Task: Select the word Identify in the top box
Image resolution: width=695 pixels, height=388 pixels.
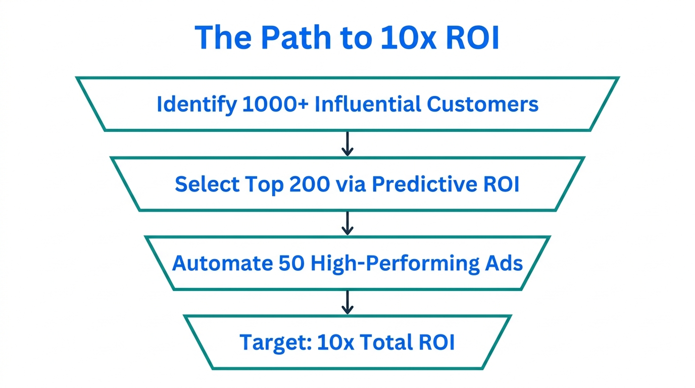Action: coord(196,105)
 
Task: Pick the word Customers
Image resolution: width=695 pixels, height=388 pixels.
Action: coord(482,105)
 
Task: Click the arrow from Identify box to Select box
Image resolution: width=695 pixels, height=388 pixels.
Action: coord(347,144)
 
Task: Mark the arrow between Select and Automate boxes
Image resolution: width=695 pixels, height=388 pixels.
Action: coord(347,223)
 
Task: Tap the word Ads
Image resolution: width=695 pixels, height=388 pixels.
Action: coord(505,263)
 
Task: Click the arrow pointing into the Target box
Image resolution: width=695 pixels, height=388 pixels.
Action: coord(347,302)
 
